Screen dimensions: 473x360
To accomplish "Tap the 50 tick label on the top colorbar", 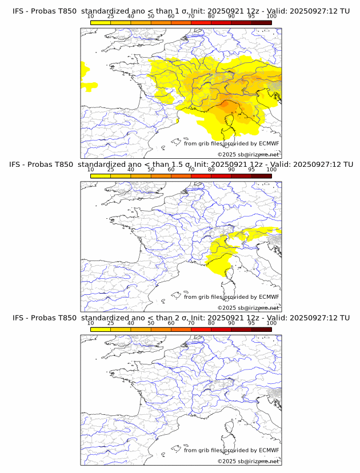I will tap(151, 16).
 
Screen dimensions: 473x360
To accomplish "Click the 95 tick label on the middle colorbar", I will tap(251, 170).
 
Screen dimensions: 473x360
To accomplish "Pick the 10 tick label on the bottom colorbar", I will tap(90, 323).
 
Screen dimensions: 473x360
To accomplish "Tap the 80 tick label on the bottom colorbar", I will tap(211, 323).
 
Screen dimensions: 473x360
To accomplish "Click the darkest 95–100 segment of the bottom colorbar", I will tap(262, 329).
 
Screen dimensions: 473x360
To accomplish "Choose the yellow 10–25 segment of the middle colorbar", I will tap(101, 176).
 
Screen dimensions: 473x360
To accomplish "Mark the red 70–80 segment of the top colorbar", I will tap(201, 22).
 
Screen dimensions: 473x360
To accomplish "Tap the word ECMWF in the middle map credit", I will tap(269, 297).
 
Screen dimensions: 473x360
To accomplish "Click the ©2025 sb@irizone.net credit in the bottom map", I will tap(248, 461).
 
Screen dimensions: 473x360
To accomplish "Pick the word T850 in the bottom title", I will tap(66, 318).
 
